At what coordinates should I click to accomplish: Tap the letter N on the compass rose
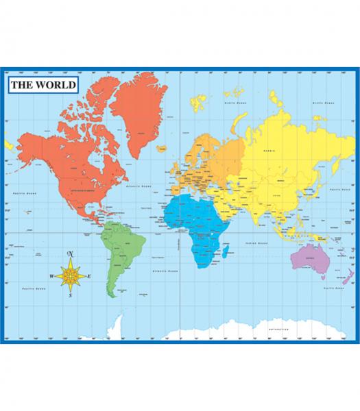pyautogui.click(x=70, y=255)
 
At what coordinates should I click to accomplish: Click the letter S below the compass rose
pyautogui.click(x=70, y=297)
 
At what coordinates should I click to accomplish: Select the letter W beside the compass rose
pyautogui.click(x=51, y=277)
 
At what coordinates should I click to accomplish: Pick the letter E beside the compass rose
pyautogui.click(x=88, y=276)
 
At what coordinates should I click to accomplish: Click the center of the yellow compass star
pyautogui.click(x=70, y=276)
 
